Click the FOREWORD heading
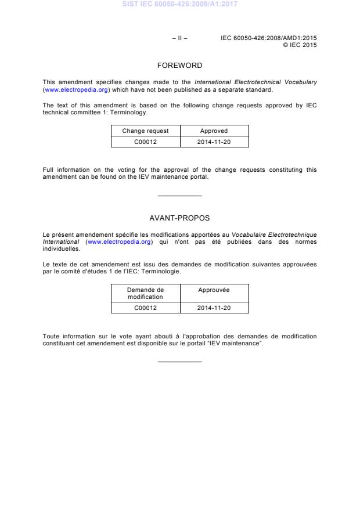coord(179,66)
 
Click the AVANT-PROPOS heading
coord(179,218)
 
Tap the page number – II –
coord(179,38)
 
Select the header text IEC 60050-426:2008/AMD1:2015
coord(269,38)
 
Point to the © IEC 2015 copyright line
coord(300,45)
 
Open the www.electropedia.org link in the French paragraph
coord(119,241)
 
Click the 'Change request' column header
coord(145,131)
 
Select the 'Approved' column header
coord(214,131)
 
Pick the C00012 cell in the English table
coord(145,142)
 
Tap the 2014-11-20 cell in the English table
coord(214,142)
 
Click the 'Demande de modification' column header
coord(145,293)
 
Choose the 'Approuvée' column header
coord(214,290)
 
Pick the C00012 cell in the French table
coord(145,308)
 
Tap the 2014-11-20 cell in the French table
coord(214,308)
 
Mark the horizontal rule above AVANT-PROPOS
coord(179,196)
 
